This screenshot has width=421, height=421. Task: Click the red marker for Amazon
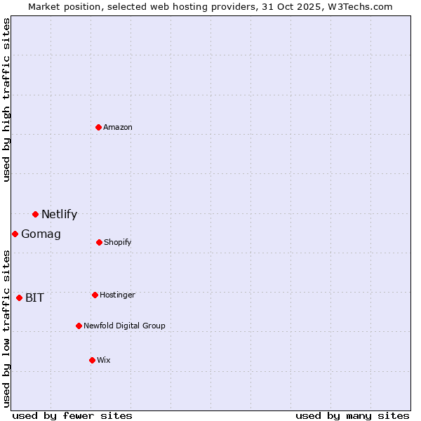pos(99,127)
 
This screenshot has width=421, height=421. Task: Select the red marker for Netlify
pos(35,214)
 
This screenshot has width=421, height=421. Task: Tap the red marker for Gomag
pos(15,234)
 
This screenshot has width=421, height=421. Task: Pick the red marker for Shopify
pos(99,242)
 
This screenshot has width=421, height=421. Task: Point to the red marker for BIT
pos(19,298)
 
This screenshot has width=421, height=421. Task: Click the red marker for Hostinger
pos(95,295)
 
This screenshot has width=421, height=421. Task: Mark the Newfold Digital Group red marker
pos(79,326)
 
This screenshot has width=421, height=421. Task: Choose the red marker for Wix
pos(92,360)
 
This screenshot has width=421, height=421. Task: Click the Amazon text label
pos(118,128)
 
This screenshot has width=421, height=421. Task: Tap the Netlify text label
pos(59,215)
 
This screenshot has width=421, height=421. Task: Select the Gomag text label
pos(41,234)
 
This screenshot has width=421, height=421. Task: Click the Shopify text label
pos(117,243)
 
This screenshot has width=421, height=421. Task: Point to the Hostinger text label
pos(117,295)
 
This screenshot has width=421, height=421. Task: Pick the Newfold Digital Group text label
pos(124,326)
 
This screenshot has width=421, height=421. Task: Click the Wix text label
pos(104,361)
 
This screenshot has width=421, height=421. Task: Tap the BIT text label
pos(34,298)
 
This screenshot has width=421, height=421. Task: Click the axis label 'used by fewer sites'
pos(72,415)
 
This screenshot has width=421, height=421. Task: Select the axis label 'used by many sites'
pos(352,415)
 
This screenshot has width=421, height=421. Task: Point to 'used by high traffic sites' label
pos(6,100)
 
